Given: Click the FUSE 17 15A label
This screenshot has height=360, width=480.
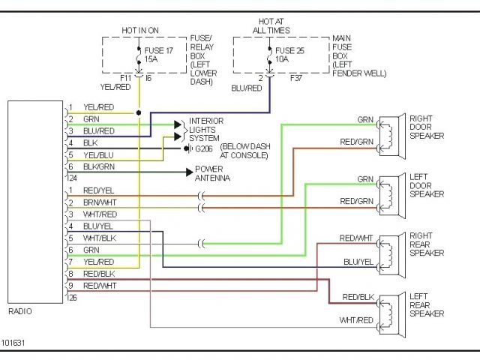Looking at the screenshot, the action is click(x=158, y=55).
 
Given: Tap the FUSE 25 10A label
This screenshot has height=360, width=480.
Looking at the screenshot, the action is click(x=289, y=55).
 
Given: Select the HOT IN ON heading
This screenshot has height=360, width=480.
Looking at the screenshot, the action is click(x=140, y=30).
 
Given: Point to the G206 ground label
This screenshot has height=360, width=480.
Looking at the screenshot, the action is click(x=204, y=149).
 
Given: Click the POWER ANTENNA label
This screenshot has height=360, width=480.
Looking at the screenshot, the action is click(x=212, y=173).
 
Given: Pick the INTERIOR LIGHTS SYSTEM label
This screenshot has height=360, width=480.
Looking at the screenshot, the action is click(x=206, y=130).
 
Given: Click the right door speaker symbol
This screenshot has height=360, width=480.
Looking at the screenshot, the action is click(x=392, y=136).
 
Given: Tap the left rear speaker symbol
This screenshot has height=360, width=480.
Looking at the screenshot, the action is click(x=392, y=314).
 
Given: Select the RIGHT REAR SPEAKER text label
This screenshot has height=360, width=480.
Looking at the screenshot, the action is click(x=427, y=244).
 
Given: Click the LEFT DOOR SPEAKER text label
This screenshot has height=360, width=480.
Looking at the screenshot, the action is click(x=427, y=185).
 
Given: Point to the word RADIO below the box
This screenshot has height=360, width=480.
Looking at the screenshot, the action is click(x=20, y=311).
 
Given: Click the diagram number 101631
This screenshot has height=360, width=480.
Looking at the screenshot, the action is click(x=13, y=343).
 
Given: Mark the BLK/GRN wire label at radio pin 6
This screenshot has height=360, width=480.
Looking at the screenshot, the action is click(x=99, y=166).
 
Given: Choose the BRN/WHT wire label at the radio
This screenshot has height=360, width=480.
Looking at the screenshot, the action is click(x=100, y=202).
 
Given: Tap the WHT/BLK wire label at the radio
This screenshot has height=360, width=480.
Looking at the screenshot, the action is click(x=100, y=238).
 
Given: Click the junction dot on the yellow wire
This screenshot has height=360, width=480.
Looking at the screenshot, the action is click(x=139, y=112).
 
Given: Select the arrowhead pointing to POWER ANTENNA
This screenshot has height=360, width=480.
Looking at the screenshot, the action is click(x=190, y=172).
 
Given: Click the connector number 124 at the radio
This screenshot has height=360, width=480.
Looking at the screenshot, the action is click(x=72, y=178).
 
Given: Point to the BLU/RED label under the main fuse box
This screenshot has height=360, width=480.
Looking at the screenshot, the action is click(x=247, y=88).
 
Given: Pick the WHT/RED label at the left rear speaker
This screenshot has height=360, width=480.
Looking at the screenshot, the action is click(x=356, y=320).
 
